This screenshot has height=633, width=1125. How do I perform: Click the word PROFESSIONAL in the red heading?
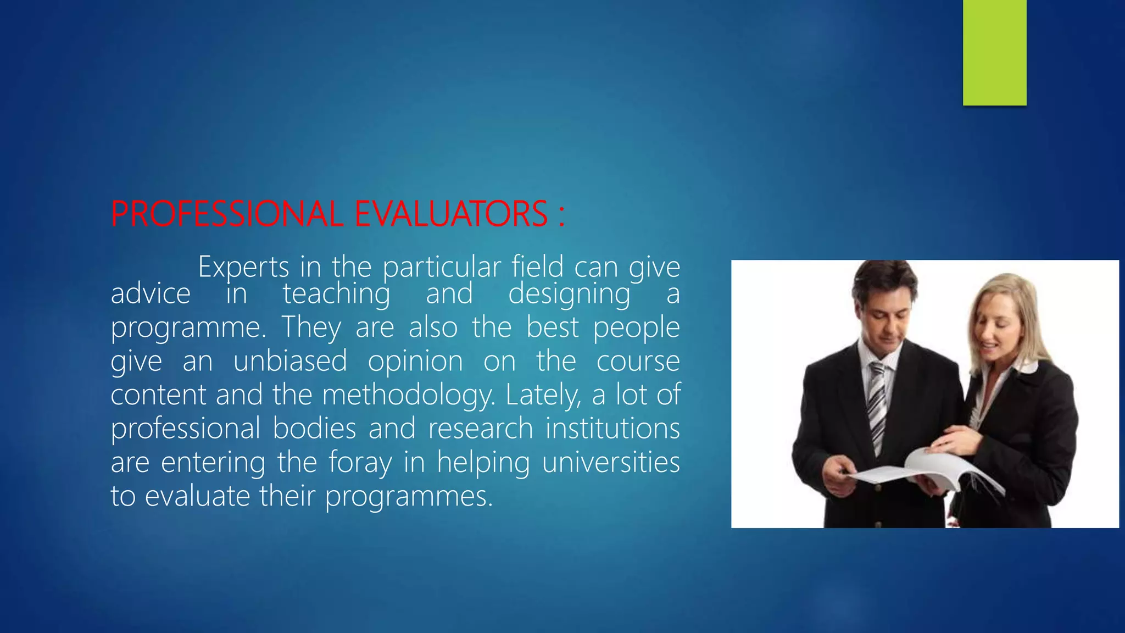coord(227,214)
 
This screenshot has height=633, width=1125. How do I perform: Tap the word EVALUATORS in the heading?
coord(451,214)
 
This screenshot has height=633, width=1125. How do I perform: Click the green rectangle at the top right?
coord(994,52)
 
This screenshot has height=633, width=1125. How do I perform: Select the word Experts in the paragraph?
coord(243,268)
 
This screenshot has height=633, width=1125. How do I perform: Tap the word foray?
coord(360,463)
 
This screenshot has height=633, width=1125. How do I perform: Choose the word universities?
coord(611,463)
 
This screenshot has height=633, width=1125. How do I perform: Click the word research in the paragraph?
coord(480,429)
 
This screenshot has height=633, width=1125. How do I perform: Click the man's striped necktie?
coord(877,407)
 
